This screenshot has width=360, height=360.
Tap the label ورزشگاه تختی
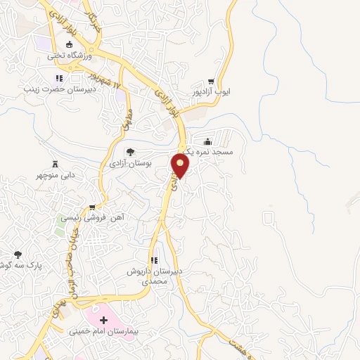click(x=66, y=54)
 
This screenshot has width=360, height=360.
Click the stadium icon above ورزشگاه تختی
click(x=68, y=44)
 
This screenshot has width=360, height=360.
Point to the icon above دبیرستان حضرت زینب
click(x=59, y=78)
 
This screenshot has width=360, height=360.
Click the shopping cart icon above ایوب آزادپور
click(x=211, y=81)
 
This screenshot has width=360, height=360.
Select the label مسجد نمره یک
click(x=212, y=150)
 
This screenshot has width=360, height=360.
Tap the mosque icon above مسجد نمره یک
click(x=207, y=140)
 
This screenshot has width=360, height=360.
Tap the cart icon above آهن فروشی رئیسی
click(x=91, y=207)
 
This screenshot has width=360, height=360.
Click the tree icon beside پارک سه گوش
click(x=18, y=255)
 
